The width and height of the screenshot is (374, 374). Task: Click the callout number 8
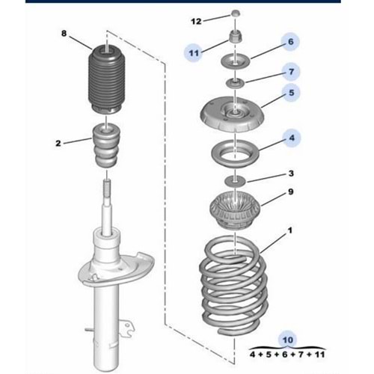point(64,33)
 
